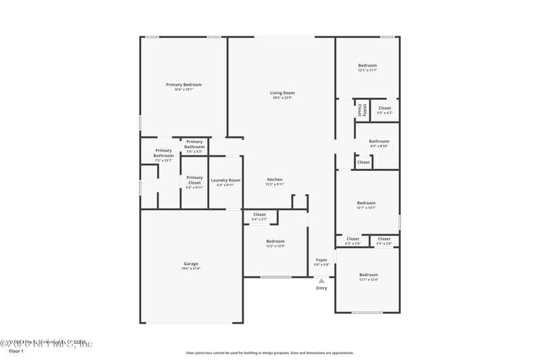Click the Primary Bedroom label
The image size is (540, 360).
[x=184, y=84]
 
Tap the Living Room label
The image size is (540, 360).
[x=282, y=93]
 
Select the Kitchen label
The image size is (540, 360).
[x=274, y=179]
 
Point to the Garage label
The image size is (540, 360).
[x=191, y=263]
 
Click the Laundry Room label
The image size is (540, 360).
[x=225, y=180]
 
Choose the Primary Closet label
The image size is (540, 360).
[x=194, y=180]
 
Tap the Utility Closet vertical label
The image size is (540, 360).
[x=362, y=110]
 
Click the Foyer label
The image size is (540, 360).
[x=321, y=259]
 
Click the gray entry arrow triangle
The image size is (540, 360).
[x=321, y=280]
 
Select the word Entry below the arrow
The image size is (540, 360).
[x=321, y=288]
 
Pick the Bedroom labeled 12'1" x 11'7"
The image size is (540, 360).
[x=367, y=66]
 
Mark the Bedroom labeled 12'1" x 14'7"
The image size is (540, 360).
[x=366, y=203]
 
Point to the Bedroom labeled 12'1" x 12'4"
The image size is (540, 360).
[x=369, y=274]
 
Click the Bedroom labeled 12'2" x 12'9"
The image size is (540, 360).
[x=275, y=241]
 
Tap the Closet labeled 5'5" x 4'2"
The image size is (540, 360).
[x=384, y=108]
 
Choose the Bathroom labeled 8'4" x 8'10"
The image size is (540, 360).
[x=379, y=141]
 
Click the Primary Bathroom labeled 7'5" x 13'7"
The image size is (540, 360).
[x=163, y=153]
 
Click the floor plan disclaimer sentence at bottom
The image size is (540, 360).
[x=269, y=353]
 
